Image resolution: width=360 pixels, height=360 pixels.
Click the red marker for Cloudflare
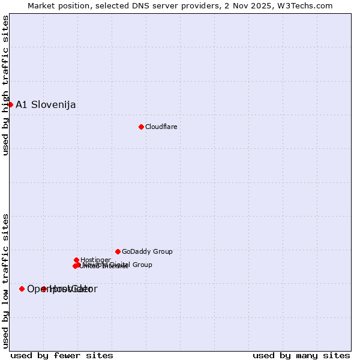[141, 127]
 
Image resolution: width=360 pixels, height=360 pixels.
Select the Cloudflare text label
[161, 127]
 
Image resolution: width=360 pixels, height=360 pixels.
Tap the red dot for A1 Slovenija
[10, 104]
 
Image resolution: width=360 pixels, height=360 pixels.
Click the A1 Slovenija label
[46, 105]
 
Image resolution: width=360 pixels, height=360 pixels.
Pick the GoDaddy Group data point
[118, 251]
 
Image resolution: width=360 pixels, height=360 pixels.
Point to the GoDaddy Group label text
[147, 252]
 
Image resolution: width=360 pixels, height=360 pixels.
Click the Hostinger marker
[76, 260]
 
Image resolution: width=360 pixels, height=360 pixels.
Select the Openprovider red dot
[22, 289]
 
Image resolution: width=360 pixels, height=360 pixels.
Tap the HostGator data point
[43, 289]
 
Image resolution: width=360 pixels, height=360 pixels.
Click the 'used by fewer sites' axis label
[62, 356]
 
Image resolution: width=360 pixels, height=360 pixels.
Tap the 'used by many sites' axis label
[301, 356]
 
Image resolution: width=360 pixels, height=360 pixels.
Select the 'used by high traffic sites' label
[5, 85]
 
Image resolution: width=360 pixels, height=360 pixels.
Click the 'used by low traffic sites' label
[5, 280]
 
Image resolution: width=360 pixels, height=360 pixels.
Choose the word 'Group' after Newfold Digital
[142, 265]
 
